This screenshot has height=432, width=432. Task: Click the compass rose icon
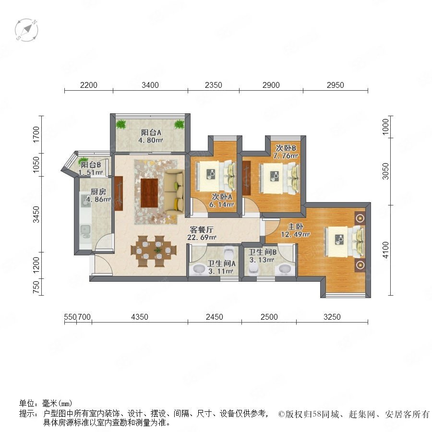click(26, 30)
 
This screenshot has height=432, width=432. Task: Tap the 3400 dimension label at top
click(150, 85)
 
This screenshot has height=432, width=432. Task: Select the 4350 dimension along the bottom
click(139, 317)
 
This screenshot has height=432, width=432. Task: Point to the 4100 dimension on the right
click(386, 250)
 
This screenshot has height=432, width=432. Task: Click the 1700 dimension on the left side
click(36, 134)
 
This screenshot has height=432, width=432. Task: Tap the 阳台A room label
click(151, 132)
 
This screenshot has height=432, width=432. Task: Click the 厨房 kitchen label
click(98, 192)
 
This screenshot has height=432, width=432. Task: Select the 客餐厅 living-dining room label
click(202, 229)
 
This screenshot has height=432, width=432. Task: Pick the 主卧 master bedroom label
click(295, 227)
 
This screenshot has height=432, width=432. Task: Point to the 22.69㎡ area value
click(202, 237)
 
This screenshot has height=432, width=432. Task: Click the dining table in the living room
click(154, 251)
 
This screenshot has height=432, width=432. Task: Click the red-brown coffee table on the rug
click(149, 192)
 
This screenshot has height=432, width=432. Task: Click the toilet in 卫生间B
click(253, 268)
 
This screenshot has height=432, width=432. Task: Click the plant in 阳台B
click(82, 160)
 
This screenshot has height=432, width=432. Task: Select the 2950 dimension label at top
click(336, 85)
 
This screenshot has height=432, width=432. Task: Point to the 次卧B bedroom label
click(286, 148)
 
